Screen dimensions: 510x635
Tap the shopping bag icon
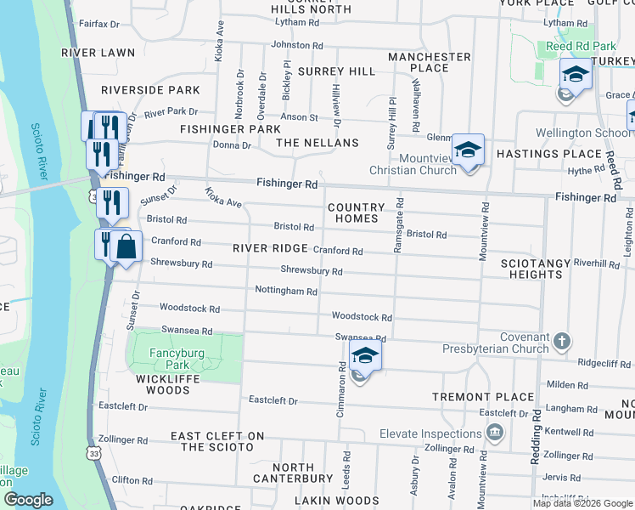tap(126, 247)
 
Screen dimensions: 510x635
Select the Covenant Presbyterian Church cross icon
tap(560, 343)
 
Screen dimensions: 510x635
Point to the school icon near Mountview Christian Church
tap(467, 150)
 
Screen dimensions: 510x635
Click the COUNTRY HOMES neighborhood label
tap(356, 212)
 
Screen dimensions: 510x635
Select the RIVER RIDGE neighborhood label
tap(270, 248)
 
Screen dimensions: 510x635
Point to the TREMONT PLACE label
tap(483, 397)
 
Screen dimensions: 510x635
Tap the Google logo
tap(28, 500)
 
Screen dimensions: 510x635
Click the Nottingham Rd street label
tap(286, 291)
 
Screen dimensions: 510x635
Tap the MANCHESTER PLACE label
tap(429, 62)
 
